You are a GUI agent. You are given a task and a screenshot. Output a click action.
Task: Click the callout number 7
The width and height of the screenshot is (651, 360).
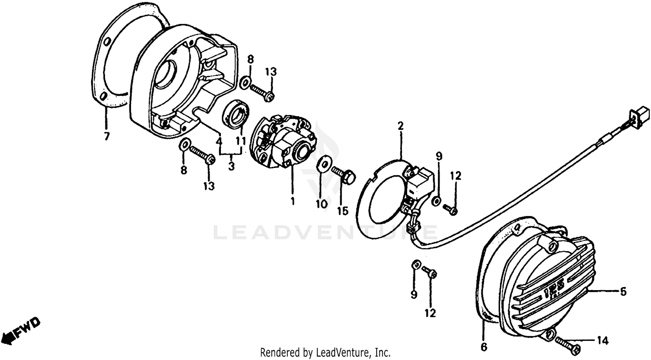coord(107,136)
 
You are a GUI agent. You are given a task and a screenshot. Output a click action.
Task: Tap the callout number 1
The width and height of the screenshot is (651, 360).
coord(293,201)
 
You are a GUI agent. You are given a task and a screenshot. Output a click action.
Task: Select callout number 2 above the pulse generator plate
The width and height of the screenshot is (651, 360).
coord(401,126)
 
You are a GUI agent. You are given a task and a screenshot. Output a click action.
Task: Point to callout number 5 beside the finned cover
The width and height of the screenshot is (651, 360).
coord(623,291)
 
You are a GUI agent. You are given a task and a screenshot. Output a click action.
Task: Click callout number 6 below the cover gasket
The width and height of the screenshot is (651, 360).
coord(484,347)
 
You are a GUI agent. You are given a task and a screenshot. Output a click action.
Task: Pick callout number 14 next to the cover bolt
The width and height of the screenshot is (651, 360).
coord(603,340)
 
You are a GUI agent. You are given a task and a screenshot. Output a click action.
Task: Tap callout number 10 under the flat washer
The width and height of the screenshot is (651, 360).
coord(322,204)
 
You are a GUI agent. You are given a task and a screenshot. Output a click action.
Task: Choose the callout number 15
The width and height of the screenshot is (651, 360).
coord(343,211)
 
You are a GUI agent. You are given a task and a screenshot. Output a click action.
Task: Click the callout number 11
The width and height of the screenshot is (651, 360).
coord(241,141)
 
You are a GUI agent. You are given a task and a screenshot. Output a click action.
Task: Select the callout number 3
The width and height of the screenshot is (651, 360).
coord(231,167)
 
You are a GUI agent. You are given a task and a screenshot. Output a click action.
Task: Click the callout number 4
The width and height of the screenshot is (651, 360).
coord(219,141)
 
